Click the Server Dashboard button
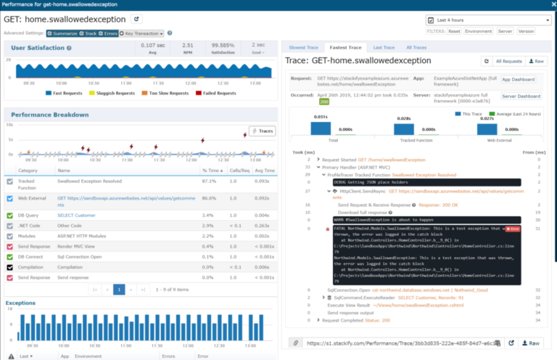pyautogui.click(x=521, y=96)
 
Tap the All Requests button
pyautogui.click(x=507, y=62)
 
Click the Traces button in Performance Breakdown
pyautogui.click(x=262, y=131)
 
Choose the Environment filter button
pyautogui.click(x=478, y=32)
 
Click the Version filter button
pyautogui.click(x=526, y=32)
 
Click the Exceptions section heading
pyautogui.click(x=20, y=302)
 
